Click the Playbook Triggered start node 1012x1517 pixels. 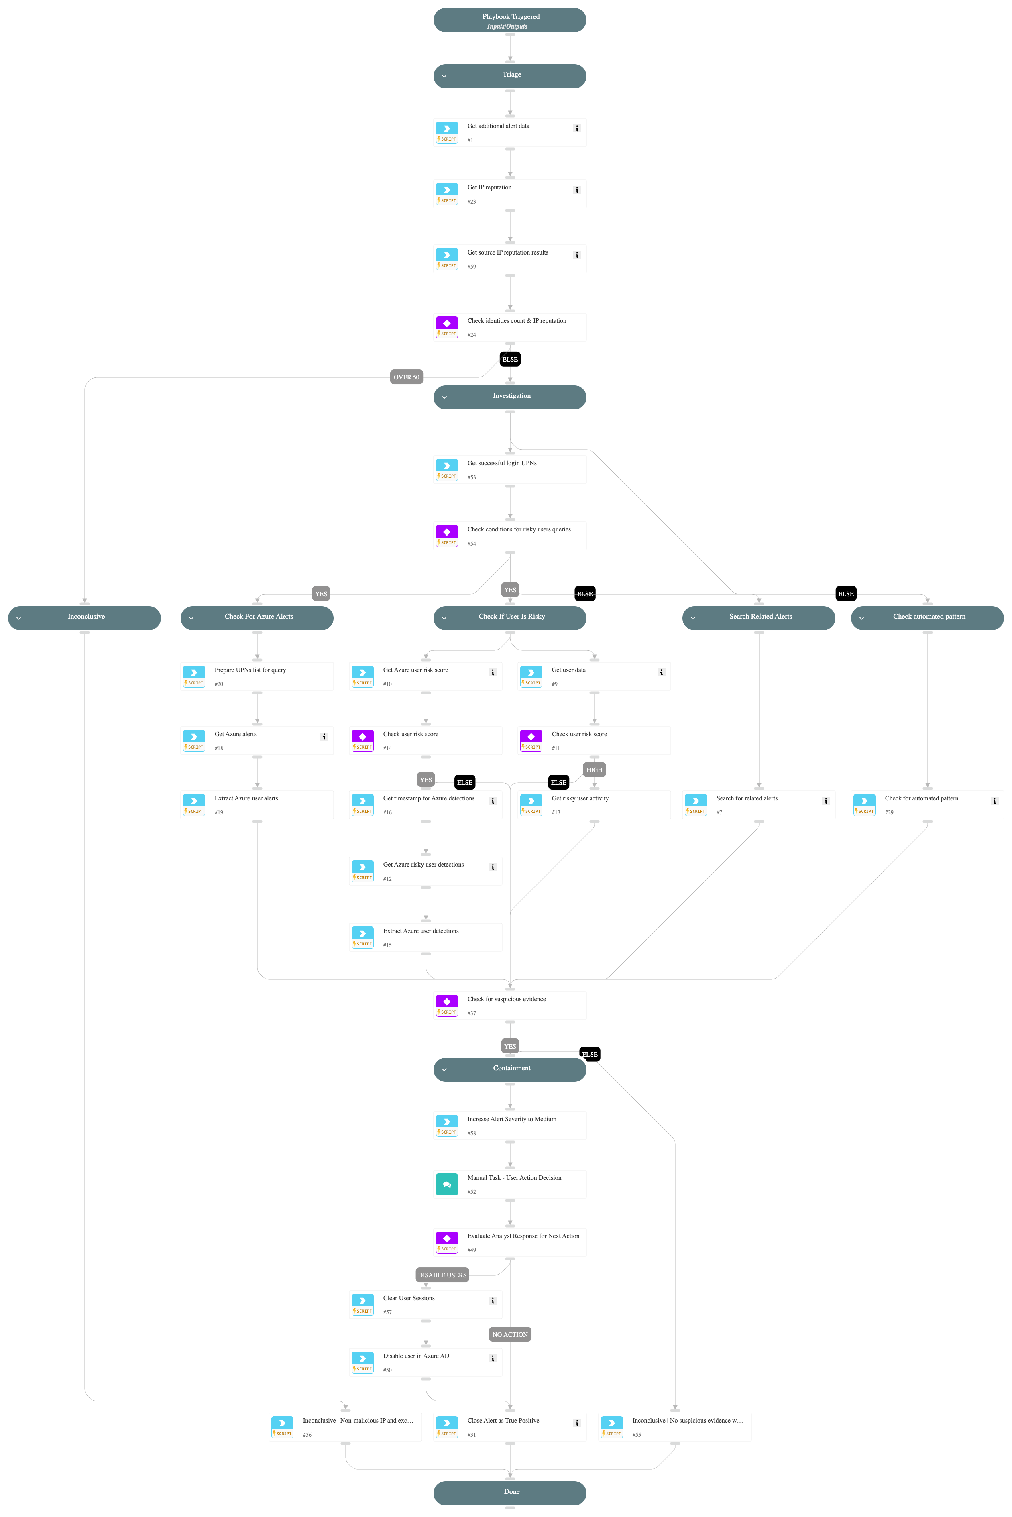509,20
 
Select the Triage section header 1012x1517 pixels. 509,75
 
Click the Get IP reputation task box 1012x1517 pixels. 509,193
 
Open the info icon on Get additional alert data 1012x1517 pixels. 576,128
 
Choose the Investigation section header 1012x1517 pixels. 509,397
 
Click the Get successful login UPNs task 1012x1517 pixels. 509,470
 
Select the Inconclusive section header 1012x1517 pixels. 85,617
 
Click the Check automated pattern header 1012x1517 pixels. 927,617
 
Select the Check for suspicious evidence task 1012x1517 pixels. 509,1005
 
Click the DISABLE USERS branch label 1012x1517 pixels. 442,1275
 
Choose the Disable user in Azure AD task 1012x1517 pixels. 426,1362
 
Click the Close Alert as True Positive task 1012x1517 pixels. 509,1427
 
